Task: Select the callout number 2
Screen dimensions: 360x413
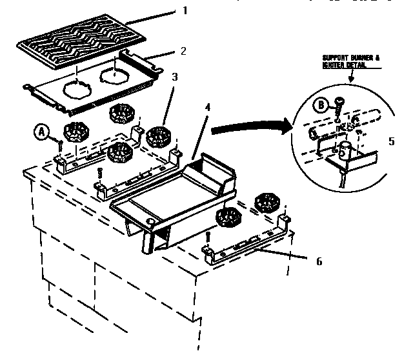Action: point(183,50)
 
